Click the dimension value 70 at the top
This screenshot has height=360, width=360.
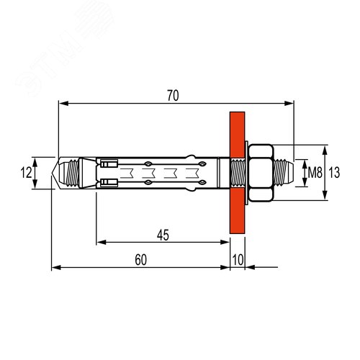[x=173, y=96]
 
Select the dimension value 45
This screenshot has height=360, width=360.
[x=163, y=235]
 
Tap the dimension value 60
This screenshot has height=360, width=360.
[x=140, y=260]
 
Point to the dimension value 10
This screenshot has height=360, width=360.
[x=238, y=260]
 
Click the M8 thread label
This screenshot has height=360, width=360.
[x=315, y=173]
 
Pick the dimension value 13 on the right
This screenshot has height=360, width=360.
[x=334, y=173]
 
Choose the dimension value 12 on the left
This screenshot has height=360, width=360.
[x=26, y=173]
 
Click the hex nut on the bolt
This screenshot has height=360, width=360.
[x=261, y=173]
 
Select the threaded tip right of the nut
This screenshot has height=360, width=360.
[x=283, y=173]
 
